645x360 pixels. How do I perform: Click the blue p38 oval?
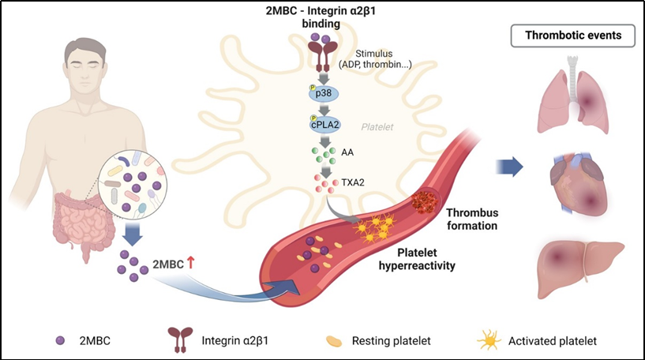324,94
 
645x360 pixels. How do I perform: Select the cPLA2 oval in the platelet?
324,125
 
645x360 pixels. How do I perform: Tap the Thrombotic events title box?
573,36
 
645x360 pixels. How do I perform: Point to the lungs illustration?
572,96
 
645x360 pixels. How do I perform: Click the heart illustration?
579,184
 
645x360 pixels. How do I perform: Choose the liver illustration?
581,269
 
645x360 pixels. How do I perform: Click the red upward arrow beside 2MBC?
190,262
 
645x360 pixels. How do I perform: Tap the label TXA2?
353,182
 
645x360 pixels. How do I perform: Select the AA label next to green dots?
347,152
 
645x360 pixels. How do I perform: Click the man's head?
85,65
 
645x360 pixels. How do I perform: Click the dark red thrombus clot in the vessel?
425,201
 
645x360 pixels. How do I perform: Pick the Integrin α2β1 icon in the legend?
181,339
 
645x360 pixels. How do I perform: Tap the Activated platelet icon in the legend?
489,341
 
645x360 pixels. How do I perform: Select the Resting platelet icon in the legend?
334,341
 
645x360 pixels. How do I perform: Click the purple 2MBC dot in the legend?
60,341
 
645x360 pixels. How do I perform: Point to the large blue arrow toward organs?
509,167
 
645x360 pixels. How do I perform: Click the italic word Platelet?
377,127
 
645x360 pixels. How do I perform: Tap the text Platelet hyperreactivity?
417,259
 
